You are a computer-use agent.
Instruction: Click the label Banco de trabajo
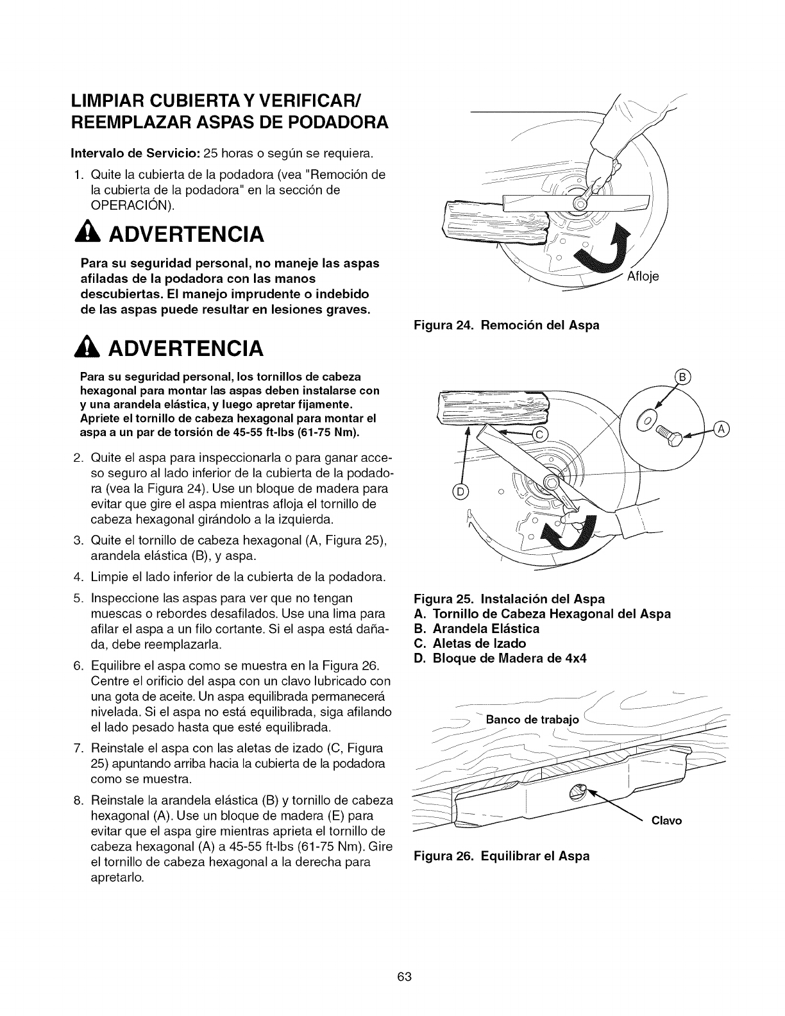click(x=532, y=719)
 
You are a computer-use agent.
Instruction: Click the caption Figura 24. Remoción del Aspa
click(x=507, y=325)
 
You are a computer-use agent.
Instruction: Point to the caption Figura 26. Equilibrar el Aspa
click(x=502, y=856)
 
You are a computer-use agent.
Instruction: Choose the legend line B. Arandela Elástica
click(x=478, y=629)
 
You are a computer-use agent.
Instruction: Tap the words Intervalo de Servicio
click(x=139, y=154)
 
